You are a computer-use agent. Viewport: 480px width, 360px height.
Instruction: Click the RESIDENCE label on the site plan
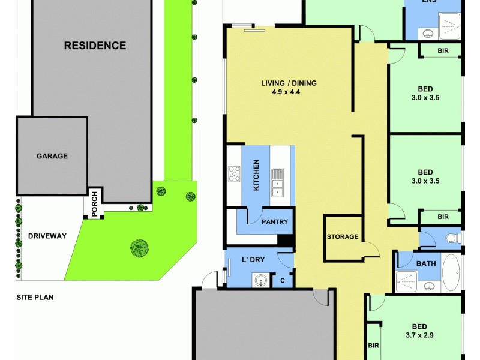tap(95, 46)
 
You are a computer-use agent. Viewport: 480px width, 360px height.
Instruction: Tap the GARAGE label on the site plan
tap(52, 156)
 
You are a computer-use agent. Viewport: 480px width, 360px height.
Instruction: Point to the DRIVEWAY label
tap(47, 236)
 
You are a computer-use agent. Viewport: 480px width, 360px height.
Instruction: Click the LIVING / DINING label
tap(289, 83)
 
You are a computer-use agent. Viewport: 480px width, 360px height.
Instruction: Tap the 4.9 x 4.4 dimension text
tap(289, 92)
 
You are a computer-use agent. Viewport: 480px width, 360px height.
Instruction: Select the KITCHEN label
tap(256, 175)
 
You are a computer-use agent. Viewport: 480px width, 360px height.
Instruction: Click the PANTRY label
tap(275, 222)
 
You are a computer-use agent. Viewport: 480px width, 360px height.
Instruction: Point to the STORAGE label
tap(343, 236)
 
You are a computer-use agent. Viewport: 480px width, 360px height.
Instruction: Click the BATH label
tap(425, 263)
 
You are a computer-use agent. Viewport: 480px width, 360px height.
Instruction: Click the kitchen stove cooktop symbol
tap(234, 174)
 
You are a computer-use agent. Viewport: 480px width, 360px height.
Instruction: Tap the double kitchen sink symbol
tap(277, 182)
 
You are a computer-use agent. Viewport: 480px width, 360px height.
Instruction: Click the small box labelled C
tap(283, 280)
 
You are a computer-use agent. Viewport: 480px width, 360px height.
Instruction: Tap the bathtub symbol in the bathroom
tap(451, 273)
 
